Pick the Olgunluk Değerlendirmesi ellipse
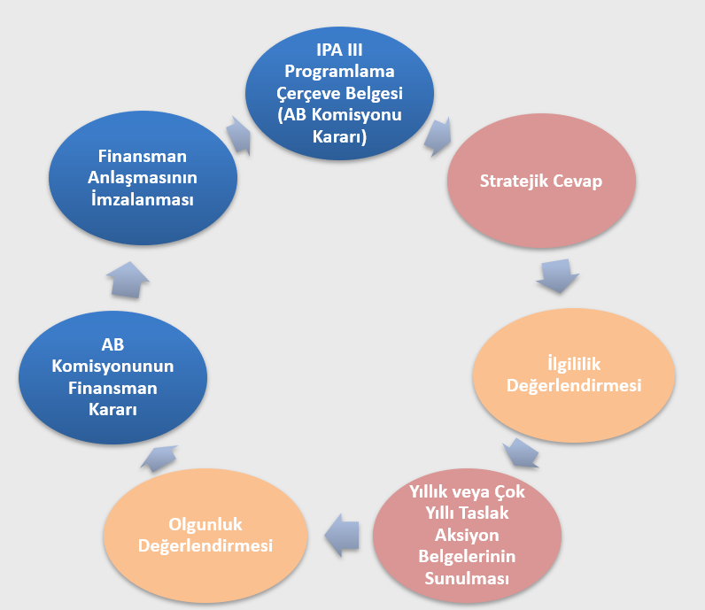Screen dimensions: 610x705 [x=205, y=535]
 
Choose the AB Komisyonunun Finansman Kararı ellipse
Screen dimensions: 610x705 [x=112, y=378]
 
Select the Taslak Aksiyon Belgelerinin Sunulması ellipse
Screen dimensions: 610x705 [x=466, y=535]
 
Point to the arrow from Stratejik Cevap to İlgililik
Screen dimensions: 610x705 [x=557, y=276]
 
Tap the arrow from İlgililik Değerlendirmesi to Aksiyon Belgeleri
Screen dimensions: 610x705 [x=521, y=453]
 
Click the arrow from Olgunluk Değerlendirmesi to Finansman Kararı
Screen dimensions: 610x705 [x=160, y=458]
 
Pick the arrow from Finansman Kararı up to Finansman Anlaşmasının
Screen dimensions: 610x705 [x=128, y=278]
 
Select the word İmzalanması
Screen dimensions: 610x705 [x=142, y=199]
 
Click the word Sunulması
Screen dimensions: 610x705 [x=466, y=578]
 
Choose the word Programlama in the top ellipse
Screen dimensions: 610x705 [x=339, y=71]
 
